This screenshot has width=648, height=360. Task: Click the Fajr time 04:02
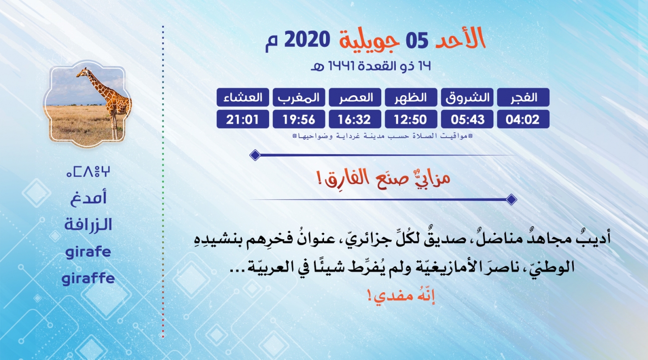[523, 119]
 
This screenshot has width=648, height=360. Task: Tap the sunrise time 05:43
[467, 119]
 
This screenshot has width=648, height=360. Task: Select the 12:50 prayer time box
[411, 119]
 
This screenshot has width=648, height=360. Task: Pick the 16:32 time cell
[355, 119]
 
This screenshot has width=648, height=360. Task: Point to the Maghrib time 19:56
[299, 119]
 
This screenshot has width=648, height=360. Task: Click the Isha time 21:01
[243, 119]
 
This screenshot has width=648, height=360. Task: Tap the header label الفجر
[523, 97]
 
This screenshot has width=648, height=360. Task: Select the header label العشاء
[243, 97]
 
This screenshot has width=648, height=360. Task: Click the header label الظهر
[411, 97]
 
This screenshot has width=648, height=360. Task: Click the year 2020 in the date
[307, 40]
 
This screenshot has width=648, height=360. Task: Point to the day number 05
[417, 40]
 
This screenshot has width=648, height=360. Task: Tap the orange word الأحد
[460, 38]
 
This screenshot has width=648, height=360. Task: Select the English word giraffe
[88, 279]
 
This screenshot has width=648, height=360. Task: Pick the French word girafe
[88, 252]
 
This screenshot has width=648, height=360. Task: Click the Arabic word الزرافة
[88, 224]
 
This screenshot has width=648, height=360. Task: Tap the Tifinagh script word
[88, 172]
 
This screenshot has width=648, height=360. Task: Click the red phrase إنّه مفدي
[401, 296]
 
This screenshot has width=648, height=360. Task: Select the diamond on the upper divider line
[255, 155]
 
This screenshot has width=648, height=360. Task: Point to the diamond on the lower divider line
[511, 199]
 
